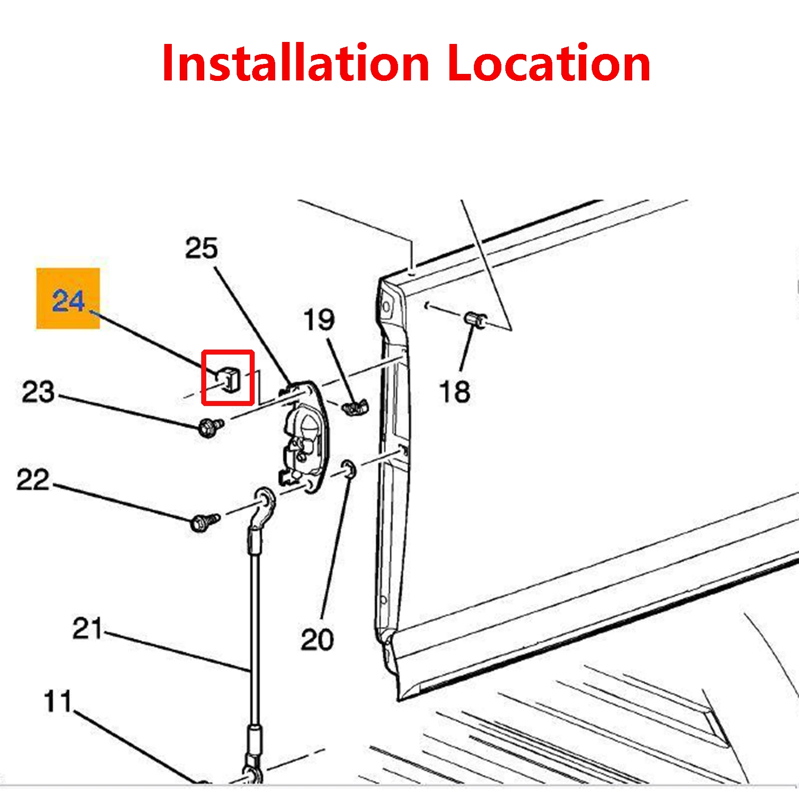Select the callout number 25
click(x=201, y=248)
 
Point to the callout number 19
click(x=319, y=320)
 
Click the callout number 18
click(x=454, y=392)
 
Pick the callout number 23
click(x=38, y=392)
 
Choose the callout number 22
click(x=33, y=479)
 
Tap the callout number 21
click(x=87, y=628)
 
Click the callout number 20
click(x=317, y=639)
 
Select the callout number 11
click(x=57, y=701)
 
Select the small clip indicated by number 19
click(x=356, y=407)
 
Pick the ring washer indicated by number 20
click(x=349, y=469)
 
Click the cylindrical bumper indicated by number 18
click(x=475, y=319)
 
